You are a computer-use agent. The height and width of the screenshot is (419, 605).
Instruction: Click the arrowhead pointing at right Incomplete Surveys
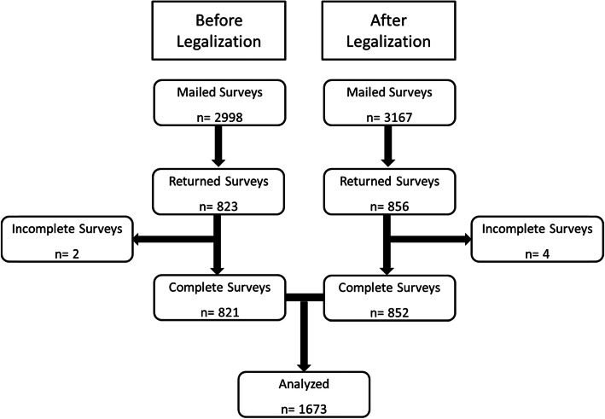coord(468,242)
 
